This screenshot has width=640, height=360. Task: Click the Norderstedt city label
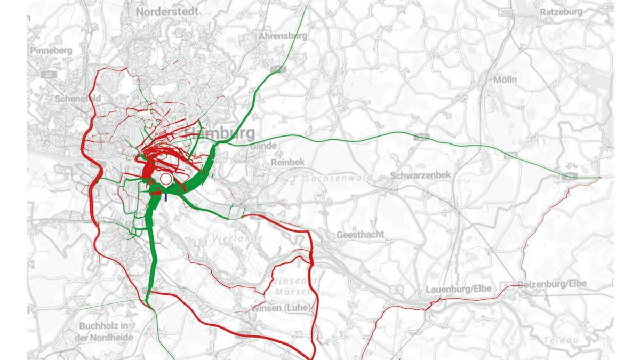(x=167, y=11)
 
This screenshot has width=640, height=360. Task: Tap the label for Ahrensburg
(x=283, y=36)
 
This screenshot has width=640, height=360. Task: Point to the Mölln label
(x=505, y=79)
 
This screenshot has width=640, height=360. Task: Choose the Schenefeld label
(x=78, y=99)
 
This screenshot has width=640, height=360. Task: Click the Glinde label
(x=262, y=146)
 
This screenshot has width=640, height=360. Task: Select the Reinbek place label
(x=287, y=162)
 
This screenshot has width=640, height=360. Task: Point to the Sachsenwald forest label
(x=331, y=179)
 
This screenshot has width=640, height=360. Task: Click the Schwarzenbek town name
(x=420, y=175)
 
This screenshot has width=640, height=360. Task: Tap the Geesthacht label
(x=360, y=235)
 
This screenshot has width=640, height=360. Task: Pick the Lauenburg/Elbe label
(x=458, y=289)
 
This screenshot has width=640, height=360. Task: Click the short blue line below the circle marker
(x=166, y=197)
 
